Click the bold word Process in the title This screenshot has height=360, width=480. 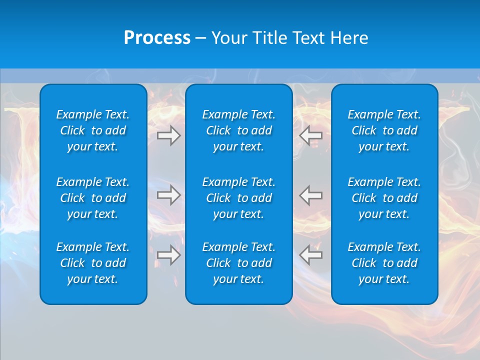[x=157, y=38]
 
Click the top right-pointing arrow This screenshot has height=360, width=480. [x=168, y=135]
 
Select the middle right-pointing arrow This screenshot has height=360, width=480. [x=168, y=195]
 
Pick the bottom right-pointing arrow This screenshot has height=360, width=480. [x=168, y=255]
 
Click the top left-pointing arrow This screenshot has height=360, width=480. [x=311, y=135]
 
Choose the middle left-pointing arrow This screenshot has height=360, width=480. [x=311, y=195]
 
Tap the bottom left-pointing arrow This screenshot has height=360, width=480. [x=311, y=255]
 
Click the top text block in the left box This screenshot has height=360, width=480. [x=93, y=130]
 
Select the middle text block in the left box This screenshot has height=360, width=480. [x=93, y=198]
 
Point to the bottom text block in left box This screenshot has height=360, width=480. [x=93, y=263]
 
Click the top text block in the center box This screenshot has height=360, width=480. [x=238, y=130]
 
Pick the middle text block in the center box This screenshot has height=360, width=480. [x=238, y=198]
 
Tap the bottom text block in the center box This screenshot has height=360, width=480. [x=238, y=263]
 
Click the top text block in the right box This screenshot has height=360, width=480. [x=384, y=130]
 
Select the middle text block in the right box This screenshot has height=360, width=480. [x=384, y=198]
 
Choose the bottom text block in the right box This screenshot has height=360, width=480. [x=384, y=263]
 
